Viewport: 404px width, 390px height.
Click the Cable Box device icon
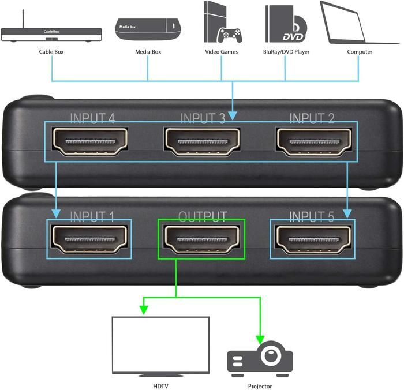[x=51, y=34]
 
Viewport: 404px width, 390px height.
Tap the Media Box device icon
[x=148, y=29]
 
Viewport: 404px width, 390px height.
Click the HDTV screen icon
[x=160, y=346]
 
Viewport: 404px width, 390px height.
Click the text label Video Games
[x=221, y=52]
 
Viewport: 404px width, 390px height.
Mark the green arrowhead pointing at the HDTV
[x=143, y=311]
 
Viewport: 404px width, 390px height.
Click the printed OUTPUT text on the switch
[x=202, y=217]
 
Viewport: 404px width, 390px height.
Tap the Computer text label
[x=360, y=52]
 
